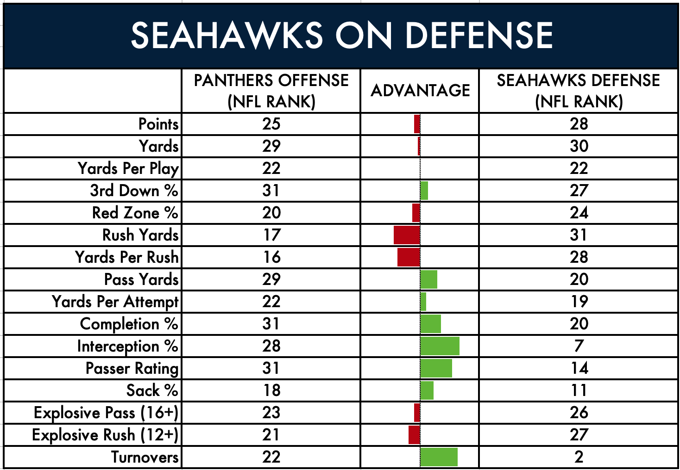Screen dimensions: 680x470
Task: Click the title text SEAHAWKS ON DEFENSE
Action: click(342, 36)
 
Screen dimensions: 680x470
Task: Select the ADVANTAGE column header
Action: click(420, 90)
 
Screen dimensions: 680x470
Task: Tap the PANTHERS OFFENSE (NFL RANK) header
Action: click(271, 91)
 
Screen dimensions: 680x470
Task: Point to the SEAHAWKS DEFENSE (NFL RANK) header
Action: click(579, 91)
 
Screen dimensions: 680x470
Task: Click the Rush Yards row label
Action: click(140, 235)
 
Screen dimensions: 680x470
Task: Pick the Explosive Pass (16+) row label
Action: click(106, 413)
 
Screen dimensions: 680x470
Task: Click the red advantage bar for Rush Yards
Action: click(407, 235)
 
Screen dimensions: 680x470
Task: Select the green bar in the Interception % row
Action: click(440, 346)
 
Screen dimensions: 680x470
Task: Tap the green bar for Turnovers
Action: click(439, 457)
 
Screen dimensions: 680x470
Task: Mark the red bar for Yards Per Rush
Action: click(409, 257)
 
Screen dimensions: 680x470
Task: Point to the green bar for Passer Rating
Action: click(436, 368)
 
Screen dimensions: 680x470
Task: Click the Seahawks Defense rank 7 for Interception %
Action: click(579, 346)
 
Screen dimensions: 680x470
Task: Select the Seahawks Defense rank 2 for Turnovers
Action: click(579, 457)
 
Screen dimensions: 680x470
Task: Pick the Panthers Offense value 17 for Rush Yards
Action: click(271, 235)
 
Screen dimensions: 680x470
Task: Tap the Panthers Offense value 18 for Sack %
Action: click(271, 390)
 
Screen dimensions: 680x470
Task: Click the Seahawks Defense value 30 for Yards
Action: click(579, 146)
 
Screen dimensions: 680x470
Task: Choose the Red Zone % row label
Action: click(135, 212)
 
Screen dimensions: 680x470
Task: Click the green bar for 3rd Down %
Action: click(424, 191)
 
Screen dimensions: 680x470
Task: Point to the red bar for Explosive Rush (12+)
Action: click(415, 435)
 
